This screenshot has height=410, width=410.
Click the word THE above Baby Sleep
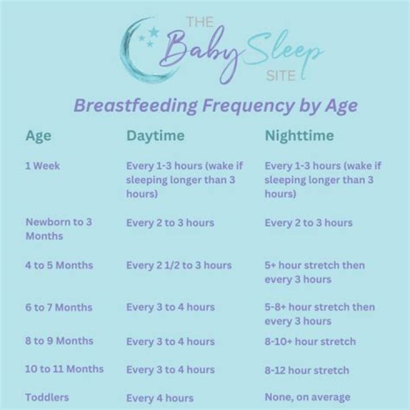tap(200, 22)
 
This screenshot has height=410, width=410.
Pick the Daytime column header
tap(155, 137)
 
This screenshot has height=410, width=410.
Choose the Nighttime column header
tap(298, 137)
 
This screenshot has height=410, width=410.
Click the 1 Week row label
tap(43, 167)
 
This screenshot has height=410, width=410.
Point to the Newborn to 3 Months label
tap(59, 228)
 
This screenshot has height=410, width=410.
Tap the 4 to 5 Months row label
tap(59, 265)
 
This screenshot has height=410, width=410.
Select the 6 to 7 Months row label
tap(59, 307)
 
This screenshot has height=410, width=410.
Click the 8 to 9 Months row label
tap(59, 342)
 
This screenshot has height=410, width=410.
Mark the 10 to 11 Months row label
tap(64, 369)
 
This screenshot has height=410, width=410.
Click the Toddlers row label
tap(47, 397)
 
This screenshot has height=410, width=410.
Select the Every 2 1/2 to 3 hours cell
tap(179, 265)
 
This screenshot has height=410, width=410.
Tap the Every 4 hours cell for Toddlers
tap(159, 398)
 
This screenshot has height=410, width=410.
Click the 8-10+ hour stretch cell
tap(310, 342)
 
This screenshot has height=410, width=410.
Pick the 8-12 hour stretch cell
tap(307, 370)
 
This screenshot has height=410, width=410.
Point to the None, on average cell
tap(307, 397)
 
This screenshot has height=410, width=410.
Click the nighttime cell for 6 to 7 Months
tap(319, 314)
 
